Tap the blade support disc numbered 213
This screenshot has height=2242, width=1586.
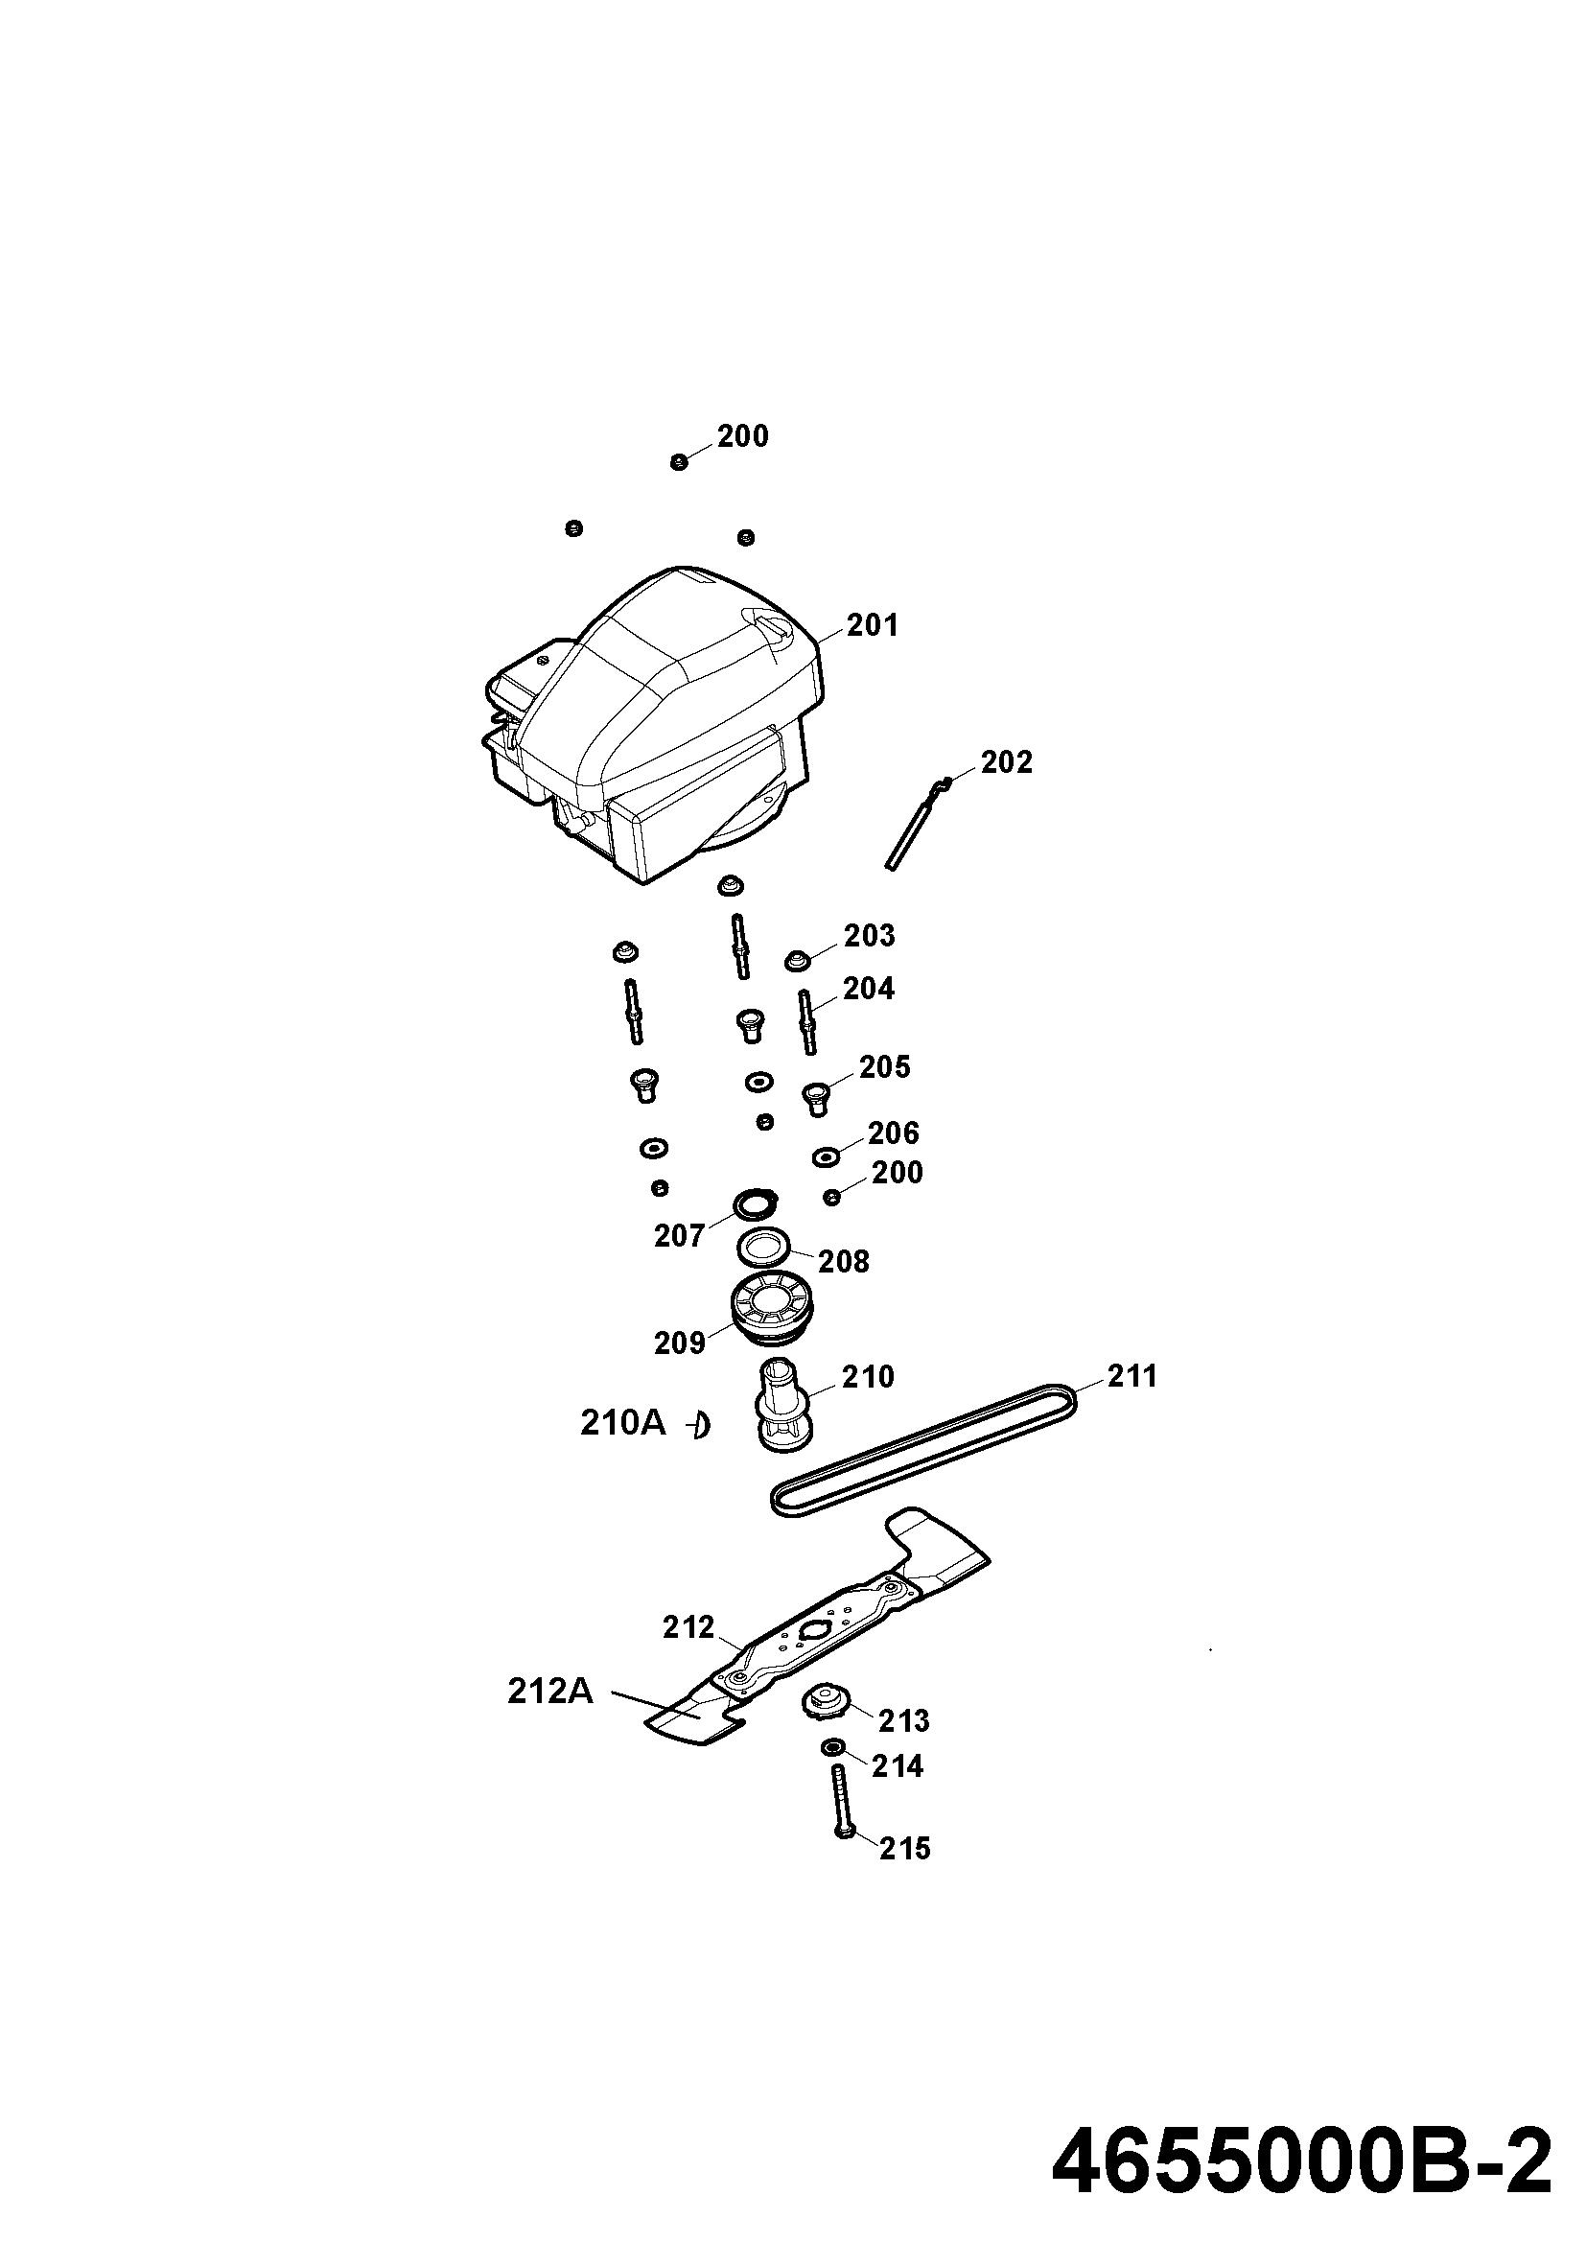[828, 1701]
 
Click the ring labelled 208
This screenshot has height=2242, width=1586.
[761, 1248]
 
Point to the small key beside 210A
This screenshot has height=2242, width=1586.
[699, 1427]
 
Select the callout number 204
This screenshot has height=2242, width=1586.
[868, 990]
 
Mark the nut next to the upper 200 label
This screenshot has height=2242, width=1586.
[679, 461]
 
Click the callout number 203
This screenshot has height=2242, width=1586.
[869, 936]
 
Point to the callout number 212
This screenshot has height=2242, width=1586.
[688, 1627]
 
